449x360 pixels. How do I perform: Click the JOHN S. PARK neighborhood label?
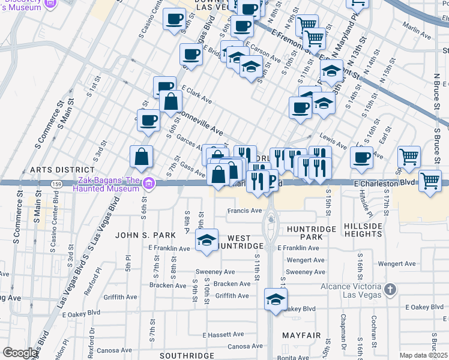[x=146, y=235]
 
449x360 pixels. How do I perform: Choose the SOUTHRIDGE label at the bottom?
[x=187, y=355]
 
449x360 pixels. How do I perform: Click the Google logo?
[x=20, y=352]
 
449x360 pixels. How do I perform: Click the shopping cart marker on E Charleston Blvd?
[x=430, y=180]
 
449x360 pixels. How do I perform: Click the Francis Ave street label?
[x=244, y=211]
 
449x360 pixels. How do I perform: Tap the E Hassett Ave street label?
[x=223, y=334]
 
